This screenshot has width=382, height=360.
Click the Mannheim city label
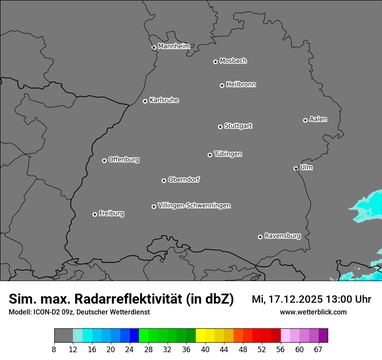(x=174, y=46)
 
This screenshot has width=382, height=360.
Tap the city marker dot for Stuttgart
(x=220, y=127)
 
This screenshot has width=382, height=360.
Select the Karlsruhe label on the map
(x=164, y=100)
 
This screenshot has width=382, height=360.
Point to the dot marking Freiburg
(x=95, y=214)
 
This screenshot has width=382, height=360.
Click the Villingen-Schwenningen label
(x=194, y=206)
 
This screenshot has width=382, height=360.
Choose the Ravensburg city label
(x=283, y=236)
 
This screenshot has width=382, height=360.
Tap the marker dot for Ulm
(x=296, y=168)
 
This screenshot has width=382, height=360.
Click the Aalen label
(x=318, y=119)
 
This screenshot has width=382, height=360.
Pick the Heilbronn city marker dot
(x=222, y=85)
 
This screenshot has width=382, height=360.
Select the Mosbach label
(x=233, y=61)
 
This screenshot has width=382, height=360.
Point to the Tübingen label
(x=228, y=154)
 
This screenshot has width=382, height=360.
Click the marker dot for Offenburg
(x=104, y=160)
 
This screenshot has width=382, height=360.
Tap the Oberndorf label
(x=184, y=180)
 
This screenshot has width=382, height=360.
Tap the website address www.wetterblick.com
(x=313, y=312)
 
